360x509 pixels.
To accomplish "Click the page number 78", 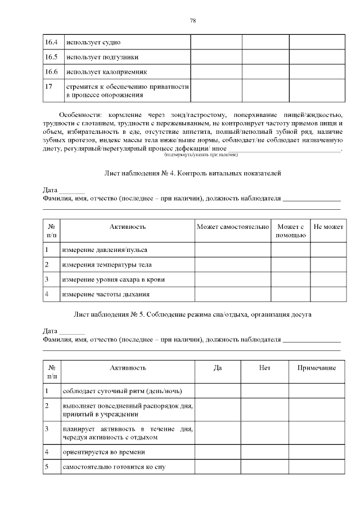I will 193,21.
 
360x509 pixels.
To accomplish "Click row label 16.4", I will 51,42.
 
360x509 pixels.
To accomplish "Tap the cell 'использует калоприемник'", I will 106,72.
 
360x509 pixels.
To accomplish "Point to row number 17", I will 49,87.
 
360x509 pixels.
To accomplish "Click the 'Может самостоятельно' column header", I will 233,227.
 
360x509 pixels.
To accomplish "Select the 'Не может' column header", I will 328,227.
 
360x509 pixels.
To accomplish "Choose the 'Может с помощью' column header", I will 290,231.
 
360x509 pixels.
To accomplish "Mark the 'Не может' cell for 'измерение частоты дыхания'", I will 328,294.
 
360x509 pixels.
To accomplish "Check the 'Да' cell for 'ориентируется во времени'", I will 218,452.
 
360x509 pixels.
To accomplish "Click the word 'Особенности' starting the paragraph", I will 79,114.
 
